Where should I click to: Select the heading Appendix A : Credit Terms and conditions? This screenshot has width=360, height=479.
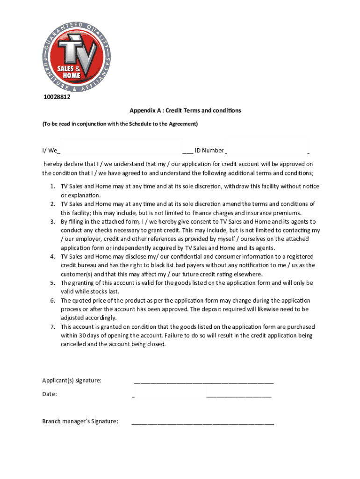click(x=185, y=110)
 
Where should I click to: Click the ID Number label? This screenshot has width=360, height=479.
click(x=209, y=151)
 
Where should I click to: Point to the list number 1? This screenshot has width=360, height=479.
click(x=52, y=186)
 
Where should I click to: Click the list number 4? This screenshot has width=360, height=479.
click(x=52, y=257)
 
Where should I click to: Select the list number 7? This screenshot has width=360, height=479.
click(x=52, y=327)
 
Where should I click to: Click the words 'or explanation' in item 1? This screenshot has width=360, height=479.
click(x=80, y=195)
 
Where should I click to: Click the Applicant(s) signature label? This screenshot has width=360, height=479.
click(x=72, y=380)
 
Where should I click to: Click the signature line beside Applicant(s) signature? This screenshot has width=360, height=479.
click(x=203, y=383)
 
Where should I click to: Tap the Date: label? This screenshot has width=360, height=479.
click(x=50, y=394)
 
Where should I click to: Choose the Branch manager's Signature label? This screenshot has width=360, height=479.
click(x=80, y=421)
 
